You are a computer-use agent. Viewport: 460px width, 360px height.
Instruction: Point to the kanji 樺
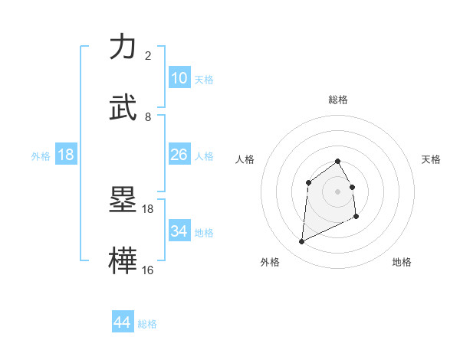pyautogui.click(x=124, y=260)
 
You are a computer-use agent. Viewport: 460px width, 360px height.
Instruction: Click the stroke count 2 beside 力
pyautogui.click(x=147, y=56)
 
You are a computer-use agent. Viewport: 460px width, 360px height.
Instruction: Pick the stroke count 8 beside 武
pyautogui.click(x=147, y=117)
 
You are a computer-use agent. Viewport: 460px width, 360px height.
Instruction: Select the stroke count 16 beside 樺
pyautogui.click(x=147, y=270)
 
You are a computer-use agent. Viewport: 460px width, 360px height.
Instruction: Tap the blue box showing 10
pyautogui.click(x=179, y=78)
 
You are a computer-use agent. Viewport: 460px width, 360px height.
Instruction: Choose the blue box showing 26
pyautogui.click(x=179, y=155)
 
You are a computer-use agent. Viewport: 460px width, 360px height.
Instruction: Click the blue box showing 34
pyautogui.click(x=179, y=231)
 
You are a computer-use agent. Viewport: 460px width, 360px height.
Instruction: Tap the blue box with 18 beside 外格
pyautogui.click(x=66, y=155)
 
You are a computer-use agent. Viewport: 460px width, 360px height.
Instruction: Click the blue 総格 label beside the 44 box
pyautogui.click(x=147, y=324)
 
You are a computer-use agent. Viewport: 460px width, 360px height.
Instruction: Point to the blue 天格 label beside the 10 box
pyautogui.click(x=204, y=80)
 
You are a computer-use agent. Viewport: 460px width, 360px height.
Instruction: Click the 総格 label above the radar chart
pyautogui.click(x=337, y=100)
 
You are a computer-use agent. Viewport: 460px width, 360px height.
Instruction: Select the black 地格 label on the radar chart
pyautogui.click(x=402, y=262)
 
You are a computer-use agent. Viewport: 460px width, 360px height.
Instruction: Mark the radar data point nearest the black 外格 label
pyautogui.click(x=301, y=242)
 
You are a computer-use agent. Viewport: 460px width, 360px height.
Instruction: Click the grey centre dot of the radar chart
pyautogui.click(x=337, y=191)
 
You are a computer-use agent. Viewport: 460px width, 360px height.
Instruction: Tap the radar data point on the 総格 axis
pyautogui.click(x=337, y=161)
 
